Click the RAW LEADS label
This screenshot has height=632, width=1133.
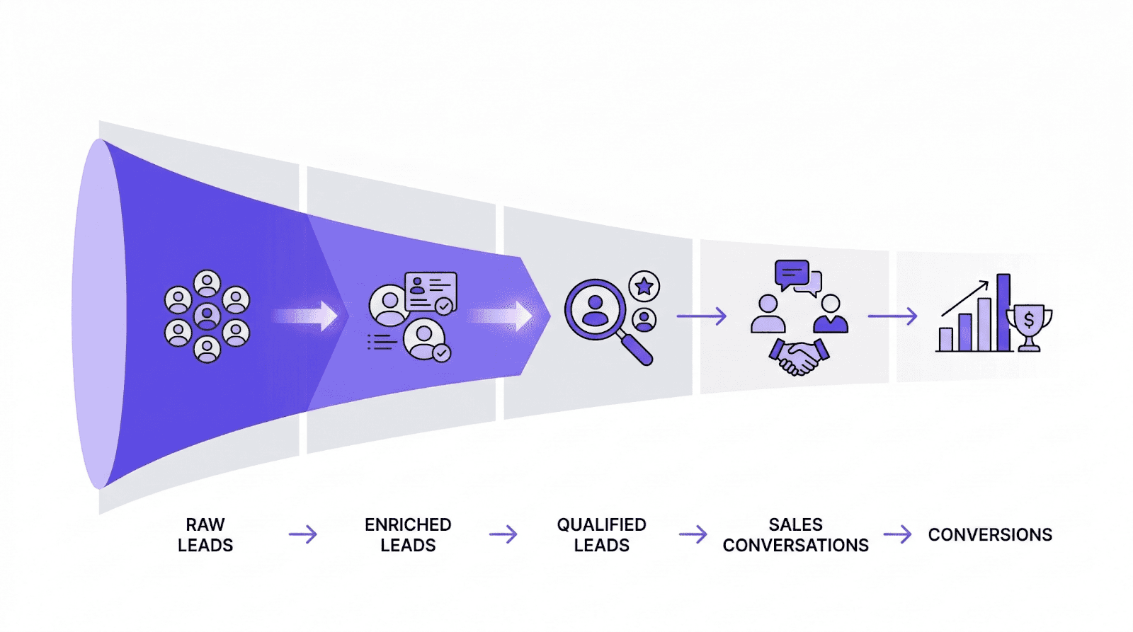click(x=205, y=535)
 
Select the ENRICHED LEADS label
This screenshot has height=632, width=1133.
click(x=408, y=535)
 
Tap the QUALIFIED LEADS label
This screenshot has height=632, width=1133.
click(x=601, y=535)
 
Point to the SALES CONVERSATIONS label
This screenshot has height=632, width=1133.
click(x=795, y=535)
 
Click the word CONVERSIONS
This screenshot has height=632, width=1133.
click(x=990, y=535)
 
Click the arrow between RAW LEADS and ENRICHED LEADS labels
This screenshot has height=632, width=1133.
click(x=303, y=534)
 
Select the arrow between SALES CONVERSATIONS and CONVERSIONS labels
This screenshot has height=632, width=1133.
click(x=898, y=534)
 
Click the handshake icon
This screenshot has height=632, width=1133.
click(x=799, y=356)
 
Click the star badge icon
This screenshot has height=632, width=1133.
click(x=644, y=287)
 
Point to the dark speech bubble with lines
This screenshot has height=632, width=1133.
click(x=791, y=273)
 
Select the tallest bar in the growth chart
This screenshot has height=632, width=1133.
click(x=1003, y=312)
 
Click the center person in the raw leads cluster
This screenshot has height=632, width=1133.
click(x=207, y=316)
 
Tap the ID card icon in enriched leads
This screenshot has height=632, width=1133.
click(x=431, y=290)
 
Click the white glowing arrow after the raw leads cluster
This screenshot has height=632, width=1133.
click(x=307, y=316)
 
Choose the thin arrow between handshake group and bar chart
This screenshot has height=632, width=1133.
click(x=892, y=316)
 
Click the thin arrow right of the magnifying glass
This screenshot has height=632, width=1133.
click(x=701, y=316)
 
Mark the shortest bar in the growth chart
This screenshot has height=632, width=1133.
click(x=945, y=339)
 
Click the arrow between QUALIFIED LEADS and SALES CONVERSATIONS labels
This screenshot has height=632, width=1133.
click(x=693, y=534)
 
